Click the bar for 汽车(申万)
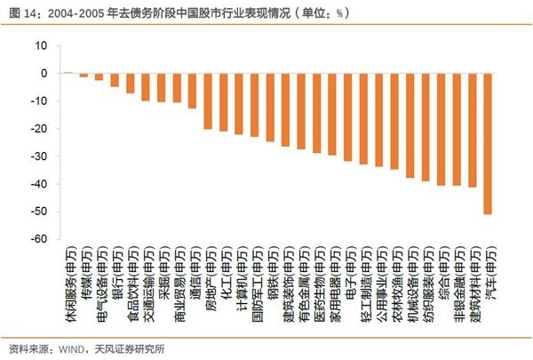click(x=487, y=143)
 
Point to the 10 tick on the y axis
click(x=40, y=44)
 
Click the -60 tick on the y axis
click(x=38, y=239)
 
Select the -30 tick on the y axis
click(x=38, y=156)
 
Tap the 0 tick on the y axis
click(x=44, y=73)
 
